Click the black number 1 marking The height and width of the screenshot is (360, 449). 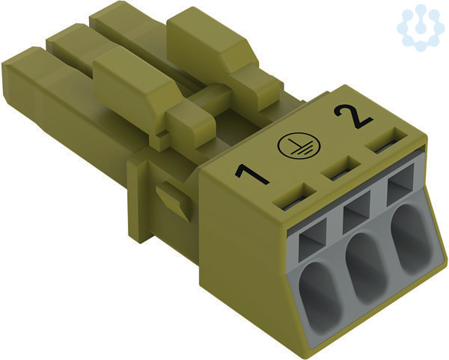point(251,174)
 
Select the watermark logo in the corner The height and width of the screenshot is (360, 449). point(421,28)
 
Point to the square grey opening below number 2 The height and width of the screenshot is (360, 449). point(401,184)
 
